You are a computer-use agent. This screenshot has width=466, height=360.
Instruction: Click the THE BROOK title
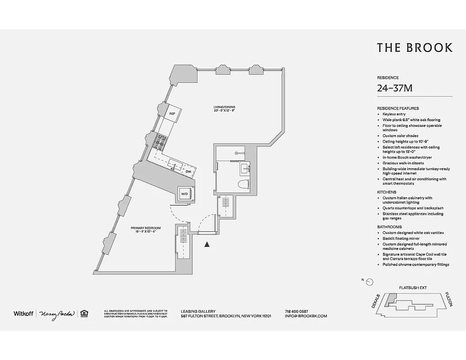tap(414, 48)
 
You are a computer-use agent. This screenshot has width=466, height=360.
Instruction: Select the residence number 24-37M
tap(394, 88)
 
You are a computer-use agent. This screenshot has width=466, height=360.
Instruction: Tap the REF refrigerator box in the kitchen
tap(172, 114)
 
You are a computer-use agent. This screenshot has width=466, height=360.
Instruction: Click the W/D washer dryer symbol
tap(185, 194)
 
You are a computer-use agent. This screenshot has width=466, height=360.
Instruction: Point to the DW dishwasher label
tap(189, 172)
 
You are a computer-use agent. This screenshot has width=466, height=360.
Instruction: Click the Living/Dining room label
tap(224, 109)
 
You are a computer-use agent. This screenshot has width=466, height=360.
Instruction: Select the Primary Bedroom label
tap(145, 230)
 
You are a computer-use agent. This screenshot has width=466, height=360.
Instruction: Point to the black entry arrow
tap(207, 244)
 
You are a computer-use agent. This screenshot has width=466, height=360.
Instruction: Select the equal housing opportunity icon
tap(84, 314)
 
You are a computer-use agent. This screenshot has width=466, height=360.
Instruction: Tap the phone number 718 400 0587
tap(296, 311)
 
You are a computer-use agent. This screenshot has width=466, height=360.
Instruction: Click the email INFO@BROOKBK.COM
tap(306, 316)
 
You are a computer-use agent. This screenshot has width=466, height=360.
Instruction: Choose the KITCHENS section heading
tap(386, 192)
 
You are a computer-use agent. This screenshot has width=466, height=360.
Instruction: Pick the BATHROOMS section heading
tap(389, 227)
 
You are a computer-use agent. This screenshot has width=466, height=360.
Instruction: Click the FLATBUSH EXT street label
tap(412, 287)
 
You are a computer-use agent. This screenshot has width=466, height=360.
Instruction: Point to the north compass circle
tap(370, 282)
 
